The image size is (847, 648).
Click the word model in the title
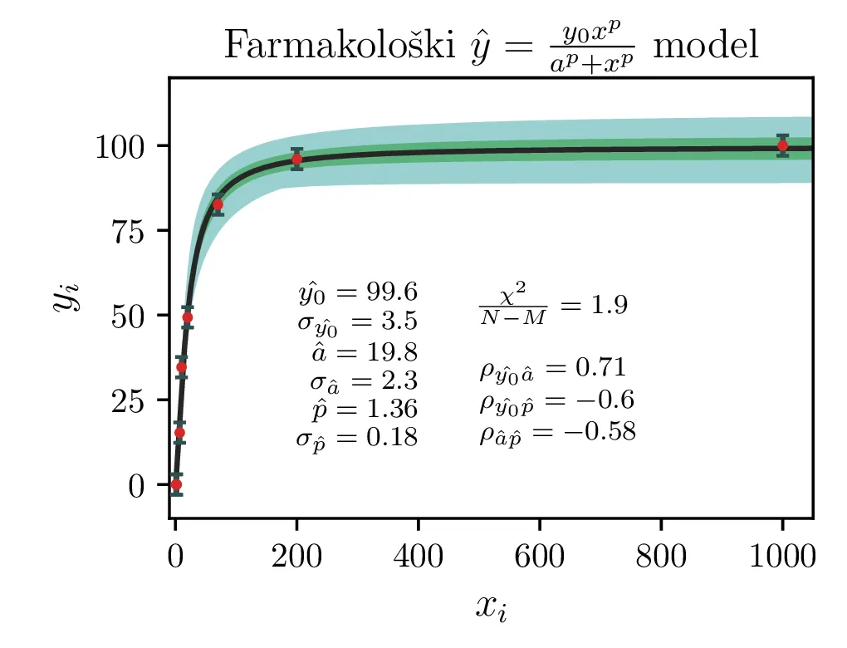pyautogui.click(x=705, y=46)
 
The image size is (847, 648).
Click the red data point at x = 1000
pyautogui.click(x=782, y=145)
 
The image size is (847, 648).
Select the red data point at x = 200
pyautogui.click(x=296, y=159)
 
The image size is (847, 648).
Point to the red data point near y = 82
pyautogui.click(x=218, y=204)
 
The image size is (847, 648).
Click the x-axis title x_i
pyautogui.click(x=491, y=607)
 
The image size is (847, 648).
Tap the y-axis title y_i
pyautogui.click(x=66, y=297)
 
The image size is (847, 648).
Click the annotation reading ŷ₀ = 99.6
pyautogui.click(x=357, y=292)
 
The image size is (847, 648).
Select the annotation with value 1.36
pyautogui.click(x=365, y=410)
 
